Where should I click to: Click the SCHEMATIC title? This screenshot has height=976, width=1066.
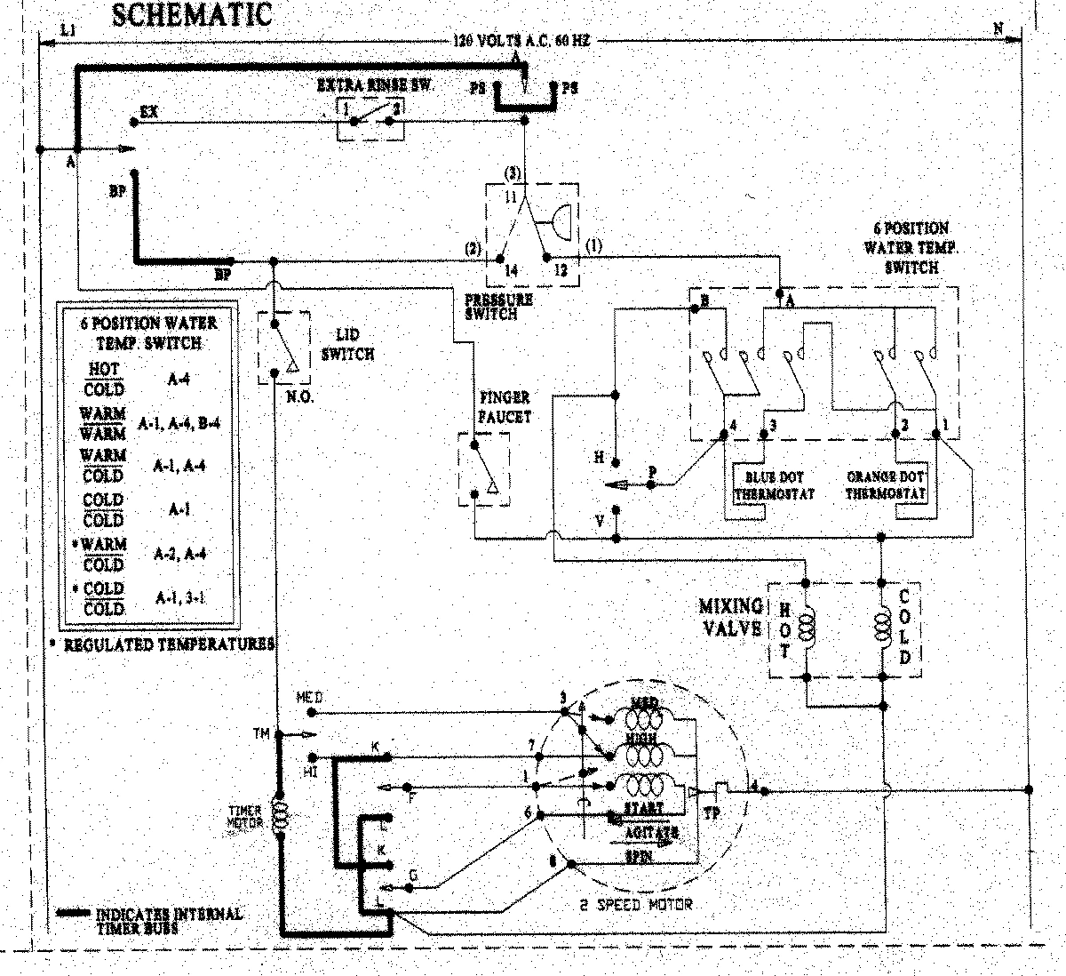point(191,15)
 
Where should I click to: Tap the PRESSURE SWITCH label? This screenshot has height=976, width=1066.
point(497,307)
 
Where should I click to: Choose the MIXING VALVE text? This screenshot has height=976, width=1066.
point(730,618)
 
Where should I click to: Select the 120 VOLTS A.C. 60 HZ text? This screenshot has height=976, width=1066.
point(521,41)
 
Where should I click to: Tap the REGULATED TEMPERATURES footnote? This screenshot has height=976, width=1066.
point(167,644)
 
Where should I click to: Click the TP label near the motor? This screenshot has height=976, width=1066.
point(712,812)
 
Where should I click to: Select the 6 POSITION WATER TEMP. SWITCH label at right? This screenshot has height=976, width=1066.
point(911,247)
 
